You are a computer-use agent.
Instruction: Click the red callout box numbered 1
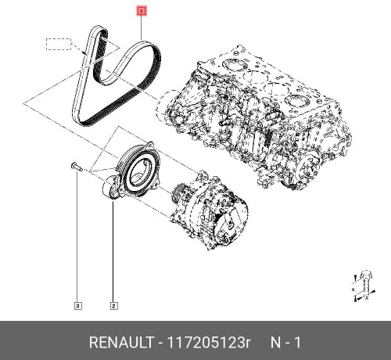[142, 12]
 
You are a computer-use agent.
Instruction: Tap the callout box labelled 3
[77, 305]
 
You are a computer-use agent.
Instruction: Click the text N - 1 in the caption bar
[286, 342]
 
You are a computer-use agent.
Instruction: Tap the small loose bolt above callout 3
[74, 166]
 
